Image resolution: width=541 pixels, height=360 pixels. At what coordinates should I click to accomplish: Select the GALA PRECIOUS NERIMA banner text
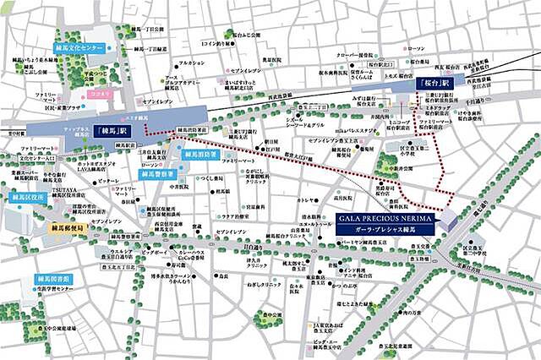coord(385,218)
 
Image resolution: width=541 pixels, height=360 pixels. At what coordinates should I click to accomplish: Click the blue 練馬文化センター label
coord(79,48)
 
